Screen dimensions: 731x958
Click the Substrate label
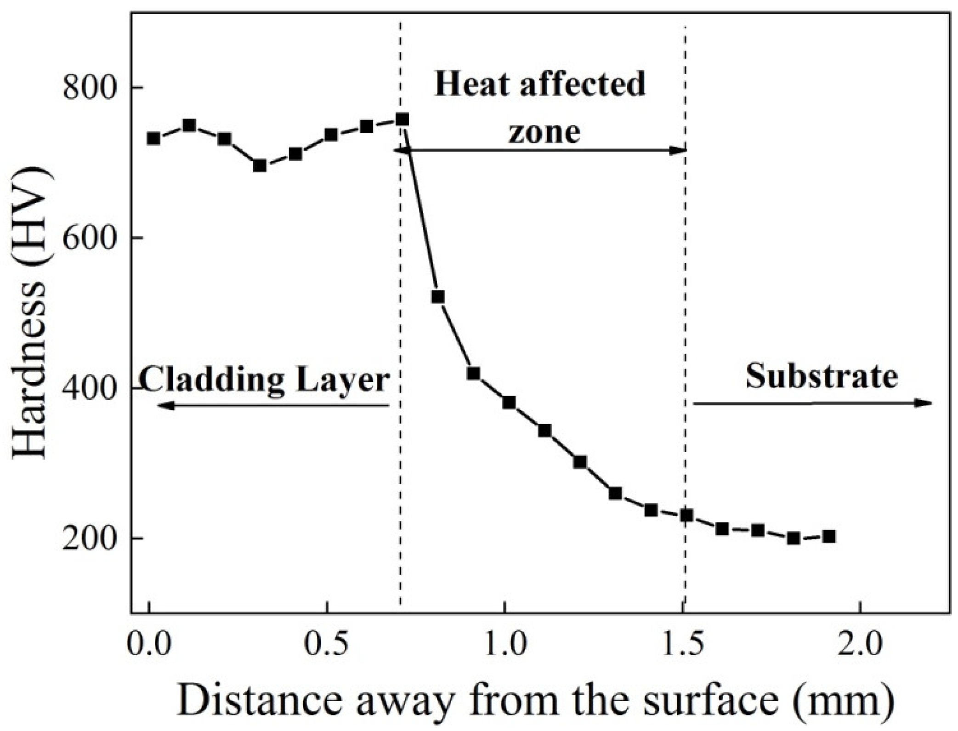pos(821,377)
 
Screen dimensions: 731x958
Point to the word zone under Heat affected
pos(544,132)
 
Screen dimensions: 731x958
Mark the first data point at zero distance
pos(153,138)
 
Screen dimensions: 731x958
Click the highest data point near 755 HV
pos(402,119)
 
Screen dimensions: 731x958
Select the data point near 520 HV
pos(438,296)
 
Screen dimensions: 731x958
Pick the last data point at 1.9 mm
pos(829,536)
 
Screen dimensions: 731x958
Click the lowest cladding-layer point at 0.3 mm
pos(260,165)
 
